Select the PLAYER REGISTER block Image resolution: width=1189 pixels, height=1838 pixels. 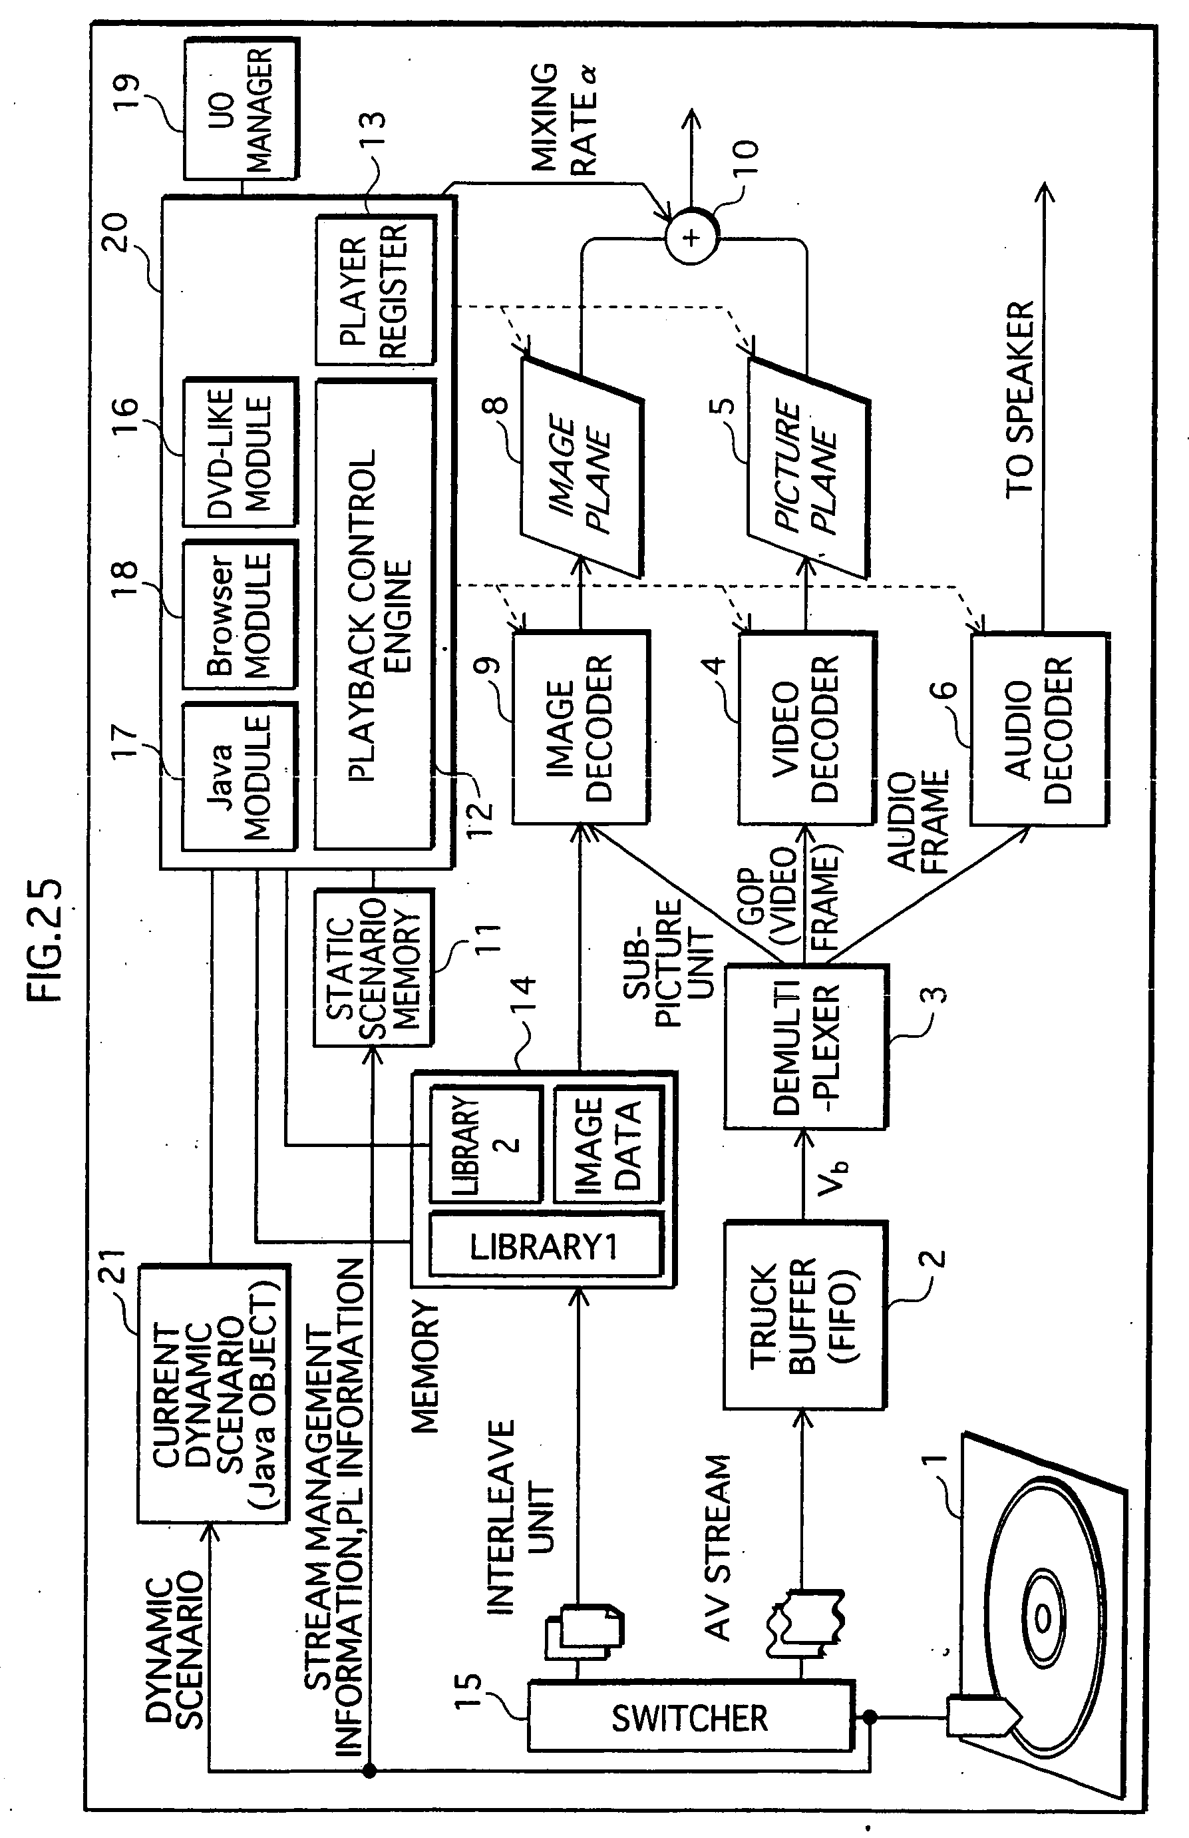375,290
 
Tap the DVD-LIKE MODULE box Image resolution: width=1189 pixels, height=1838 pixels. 240,452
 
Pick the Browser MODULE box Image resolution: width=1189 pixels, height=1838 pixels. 240,616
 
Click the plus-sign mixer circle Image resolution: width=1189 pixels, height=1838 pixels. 692,237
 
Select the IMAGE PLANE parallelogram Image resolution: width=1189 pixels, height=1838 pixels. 582,469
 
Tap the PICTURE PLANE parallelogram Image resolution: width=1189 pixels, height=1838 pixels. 808,469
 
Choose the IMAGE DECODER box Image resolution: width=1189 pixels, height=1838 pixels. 582,728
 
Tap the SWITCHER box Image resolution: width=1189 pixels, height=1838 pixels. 690,1719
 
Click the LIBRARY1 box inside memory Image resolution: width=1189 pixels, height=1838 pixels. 545,1246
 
